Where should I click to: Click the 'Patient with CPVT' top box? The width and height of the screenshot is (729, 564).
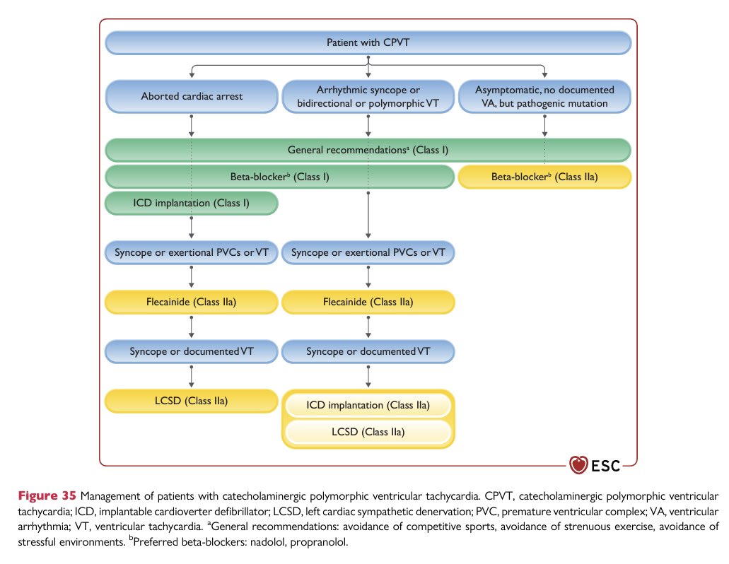click(x=368, y=42)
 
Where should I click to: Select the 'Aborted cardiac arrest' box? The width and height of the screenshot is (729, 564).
click(x=192, y=96)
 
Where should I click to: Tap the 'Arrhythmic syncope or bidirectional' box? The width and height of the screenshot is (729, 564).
click(x=368, y=96)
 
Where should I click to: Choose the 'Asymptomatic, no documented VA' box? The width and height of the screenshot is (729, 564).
click(x=544, y=96)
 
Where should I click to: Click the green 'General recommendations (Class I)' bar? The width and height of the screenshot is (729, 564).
click(x=368, y=150)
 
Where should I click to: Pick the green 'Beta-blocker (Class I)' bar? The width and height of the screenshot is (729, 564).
click(x=280, y=177)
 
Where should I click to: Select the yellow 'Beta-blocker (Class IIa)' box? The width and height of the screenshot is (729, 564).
click(x=544, y=177)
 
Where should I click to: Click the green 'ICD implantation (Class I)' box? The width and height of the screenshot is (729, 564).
click(x=192, y=204)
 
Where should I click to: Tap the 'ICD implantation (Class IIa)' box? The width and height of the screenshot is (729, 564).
click(x=368, y=405)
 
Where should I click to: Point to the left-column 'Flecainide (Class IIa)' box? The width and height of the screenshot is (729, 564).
click(x=192, y=302)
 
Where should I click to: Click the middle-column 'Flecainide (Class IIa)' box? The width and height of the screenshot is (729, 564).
click(x=368, y=302)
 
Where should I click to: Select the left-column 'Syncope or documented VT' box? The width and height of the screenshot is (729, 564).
click(x=192, y=352)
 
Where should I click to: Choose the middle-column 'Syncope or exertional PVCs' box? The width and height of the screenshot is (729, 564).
click(x=368, y=253)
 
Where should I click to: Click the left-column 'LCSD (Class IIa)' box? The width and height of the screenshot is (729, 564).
click(x=192, y=401)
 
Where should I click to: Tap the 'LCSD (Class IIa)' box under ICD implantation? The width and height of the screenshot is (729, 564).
click(x=368, y=432)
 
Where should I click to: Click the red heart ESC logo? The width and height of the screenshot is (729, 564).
click(x=578, y=464)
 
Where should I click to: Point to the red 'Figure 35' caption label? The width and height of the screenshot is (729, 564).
click(x=47, y=495)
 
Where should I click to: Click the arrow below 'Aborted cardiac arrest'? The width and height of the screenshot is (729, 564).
click(x=192, y=125)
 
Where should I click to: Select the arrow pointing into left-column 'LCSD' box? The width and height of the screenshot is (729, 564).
click(x=192, y=376)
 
